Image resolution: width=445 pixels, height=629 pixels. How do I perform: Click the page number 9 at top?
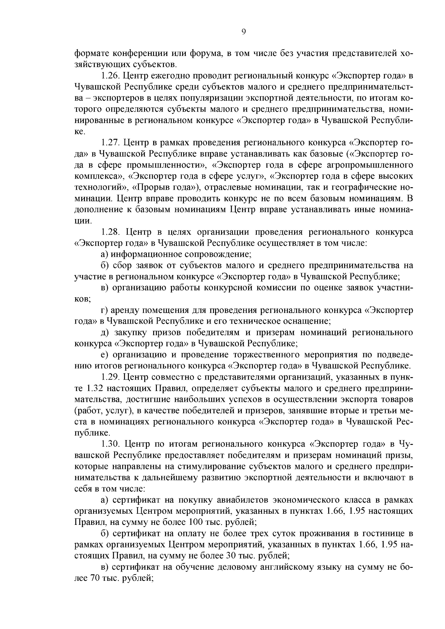243,32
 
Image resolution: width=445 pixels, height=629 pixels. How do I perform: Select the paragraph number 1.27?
109,143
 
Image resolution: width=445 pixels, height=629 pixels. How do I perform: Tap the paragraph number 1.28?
110,232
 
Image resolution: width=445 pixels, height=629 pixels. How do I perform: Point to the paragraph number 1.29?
109,377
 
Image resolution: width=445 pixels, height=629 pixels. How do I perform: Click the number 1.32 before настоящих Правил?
95,388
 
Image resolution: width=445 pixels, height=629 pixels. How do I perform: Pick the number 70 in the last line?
92,578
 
